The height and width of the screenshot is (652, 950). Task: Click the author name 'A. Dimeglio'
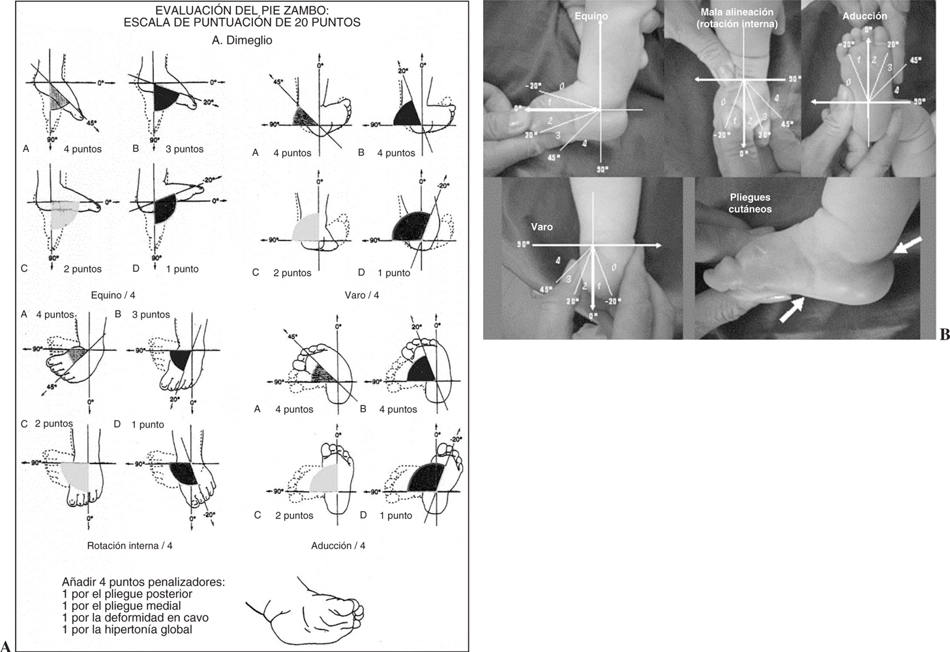[x=242, y=40]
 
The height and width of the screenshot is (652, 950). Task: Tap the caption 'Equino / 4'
[x=114, y=295]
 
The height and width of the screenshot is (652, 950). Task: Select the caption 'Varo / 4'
[x=362, y=295]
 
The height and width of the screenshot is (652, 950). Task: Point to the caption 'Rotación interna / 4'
[x=130, y=546]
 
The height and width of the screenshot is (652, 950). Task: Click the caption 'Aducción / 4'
[x=338, y=546]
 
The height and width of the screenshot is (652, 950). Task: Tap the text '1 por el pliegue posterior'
[x=127, y=594]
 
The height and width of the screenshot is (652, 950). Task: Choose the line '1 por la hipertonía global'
[x=127, y=630]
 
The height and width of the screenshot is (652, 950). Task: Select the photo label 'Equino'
[x=591, y=16]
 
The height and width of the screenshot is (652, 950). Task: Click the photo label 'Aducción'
[x=865, y=16]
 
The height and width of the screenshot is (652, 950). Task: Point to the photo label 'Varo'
[x=542, y=227]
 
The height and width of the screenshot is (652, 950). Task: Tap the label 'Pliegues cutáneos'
[x=750, y=203]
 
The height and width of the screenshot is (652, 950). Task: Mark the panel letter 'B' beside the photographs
[x=944, y=335]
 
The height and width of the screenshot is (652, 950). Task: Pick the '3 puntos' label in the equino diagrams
[x=185, y=149]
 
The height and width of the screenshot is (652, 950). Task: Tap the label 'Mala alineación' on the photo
[x=737, y=12]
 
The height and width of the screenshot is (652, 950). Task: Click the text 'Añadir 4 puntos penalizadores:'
[x=143, y=582]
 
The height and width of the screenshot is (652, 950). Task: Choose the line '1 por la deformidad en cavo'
[x=135, y=618]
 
